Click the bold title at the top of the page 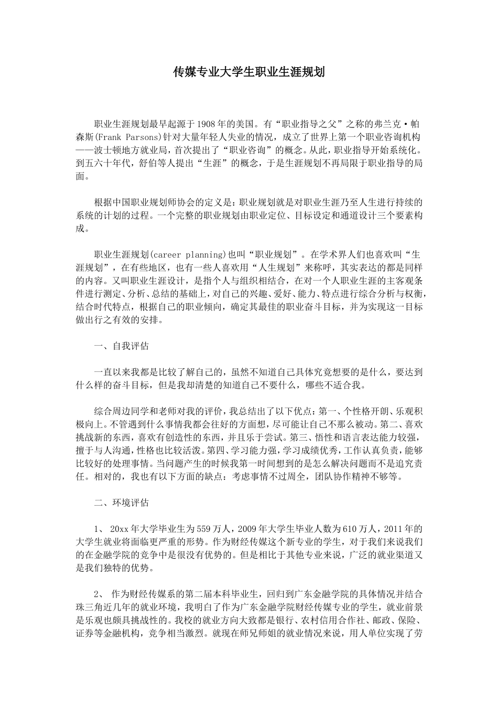(249, 72)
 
